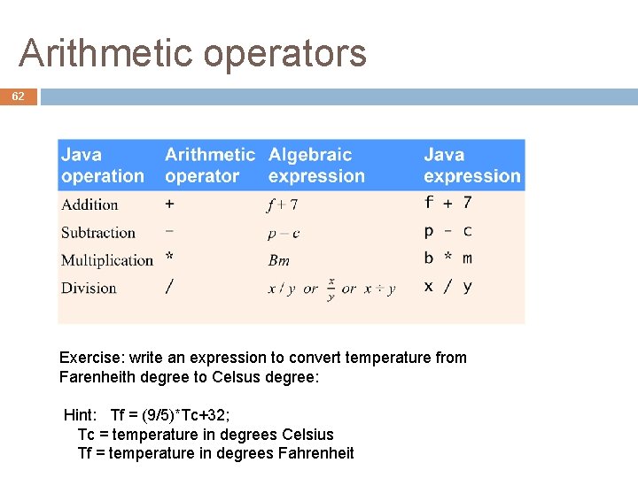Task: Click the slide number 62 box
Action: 18,96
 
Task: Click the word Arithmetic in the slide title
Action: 108,53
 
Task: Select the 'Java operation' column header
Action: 102,166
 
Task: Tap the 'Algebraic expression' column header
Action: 316,166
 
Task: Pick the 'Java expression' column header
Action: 471,166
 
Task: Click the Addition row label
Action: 89,204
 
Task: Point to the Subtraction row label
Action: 98,233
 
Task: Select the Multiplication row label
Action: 107,260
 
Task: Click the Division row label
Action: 89,288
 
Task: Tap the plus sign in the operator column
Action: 169,204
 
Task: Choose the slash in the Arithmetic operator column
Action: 169,287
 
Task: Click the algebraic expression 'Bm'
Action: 279,260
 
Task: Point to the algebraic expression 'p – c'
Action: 284,234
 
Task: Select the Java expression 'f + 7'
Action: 448,203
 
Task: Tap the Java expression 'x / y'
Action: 448,286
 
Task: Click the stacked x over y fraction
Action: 331,289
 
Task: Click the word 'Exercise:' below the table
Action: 91,358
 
